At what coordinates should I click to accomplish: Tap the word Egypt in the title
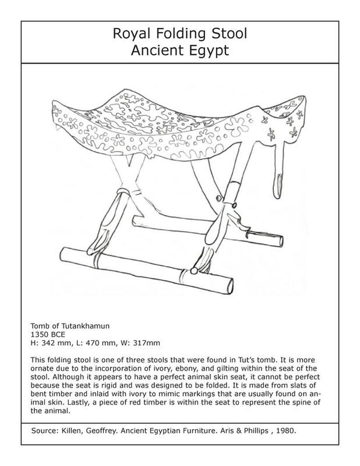click(x=207, y=50)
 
